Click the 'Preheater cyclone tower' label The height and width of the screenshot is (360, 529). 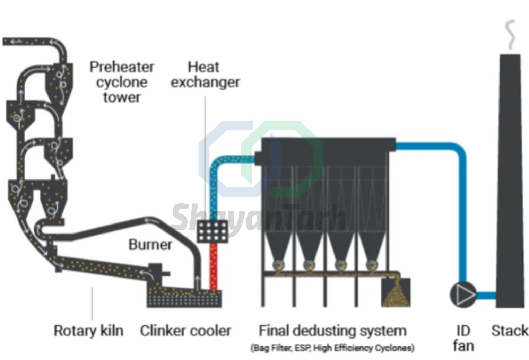(122, 82)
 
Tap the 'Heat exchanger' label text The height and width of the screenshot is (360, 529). (205, 74)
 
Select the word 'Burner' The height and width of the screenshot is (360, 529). (150, 244)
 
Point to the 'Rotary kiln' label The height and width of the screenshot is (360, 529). (88, 331)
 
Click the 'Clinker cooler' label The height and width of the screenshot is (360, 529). (185, 331)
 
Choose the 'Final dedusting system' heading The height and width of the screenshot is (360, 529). (332, 331)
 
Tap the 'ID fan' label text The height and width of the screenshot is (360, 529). (463, 338)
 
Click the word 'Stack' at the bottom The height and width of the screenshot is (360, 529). (510, 331)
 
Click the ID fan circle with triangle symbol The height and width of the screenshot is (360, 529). (463, 295)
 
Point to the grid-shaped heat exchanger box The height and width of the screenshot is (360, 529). (213, 231)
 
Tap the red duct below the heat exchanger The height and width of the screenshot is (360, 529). (214, 267)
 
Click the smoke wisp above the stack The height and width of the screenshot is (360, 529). (510, 35)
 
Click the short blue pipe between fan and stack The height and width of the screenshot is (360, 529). (486, 295)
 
